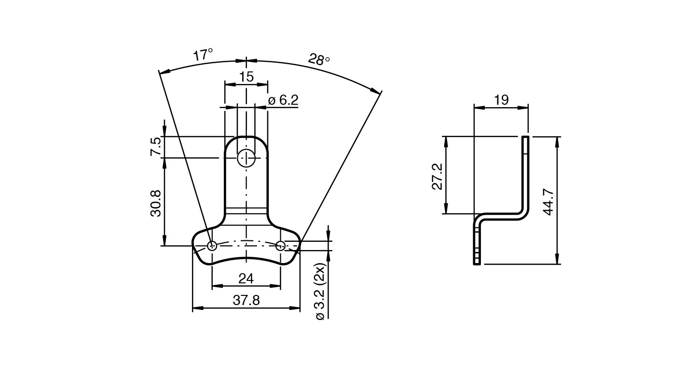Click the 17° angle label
tap(203, 55)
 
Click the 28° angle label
tap(319, 60)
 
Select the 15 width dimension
tap(246, 77)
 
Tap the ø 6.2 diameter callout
tap(283, 100)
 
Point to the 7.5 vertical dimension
tap(156, 147)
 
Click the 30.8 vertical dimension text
tap(156, 202)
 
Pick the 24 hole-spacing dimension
tap(246, 279)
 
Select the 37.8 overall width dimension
tap(246, 300)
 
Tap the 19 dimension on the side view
tap(501, 100)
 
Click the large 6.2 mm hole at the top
tap(246, 157)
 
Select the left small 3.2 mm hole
tap(212, 246)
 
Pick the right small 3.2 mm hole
tap(281, 246)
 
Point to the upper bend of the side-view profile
tap(523, 214)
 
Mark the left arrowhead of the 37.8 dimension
tap(196, 308)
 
